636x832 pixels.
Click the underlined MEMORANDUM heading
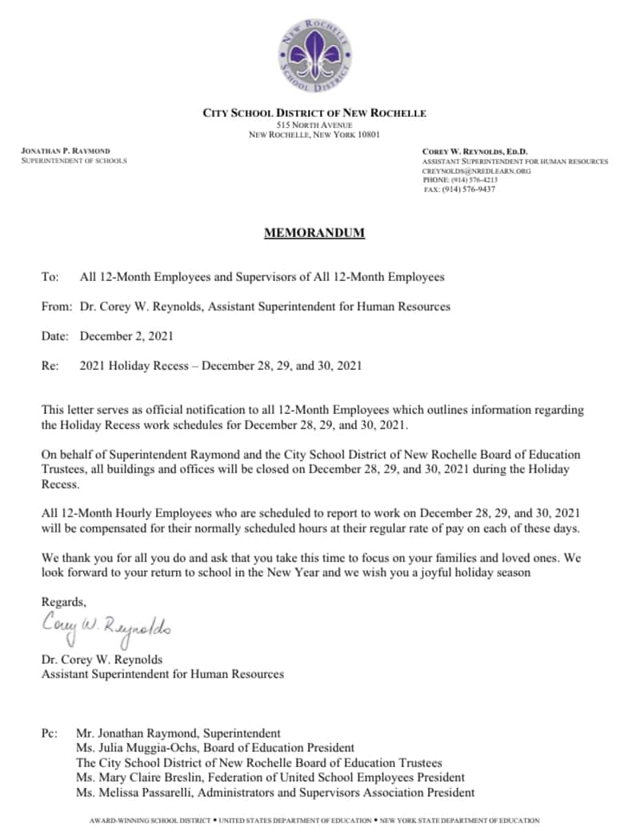(314, 233)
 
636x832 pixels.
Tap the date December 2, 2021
(126, 336)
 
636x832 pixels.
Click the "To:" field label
(50, 277)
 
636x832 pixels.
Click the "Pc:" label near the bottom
(50, 733)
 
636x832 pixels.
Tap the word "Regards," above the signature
(63, 601)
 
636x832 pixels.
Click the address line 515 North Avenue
(314, 125)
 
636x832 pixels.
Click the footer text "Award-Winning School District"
(151, 821)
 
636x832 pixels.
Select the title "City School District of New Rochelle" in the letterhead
(314, 113)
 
